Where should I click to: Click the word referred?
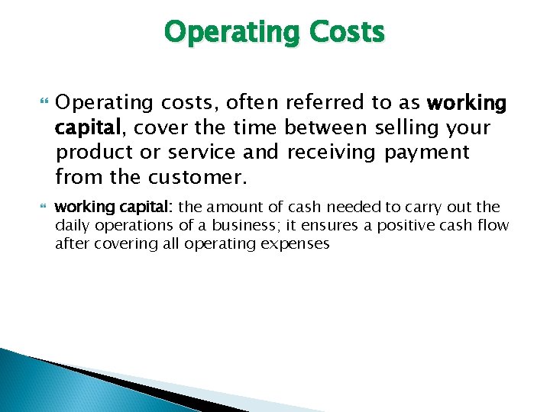pyautogui.click(x=321, y=102)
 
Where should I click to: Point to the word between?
pyautogui.click(x=329, y=127)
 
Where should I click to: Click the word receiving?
pyautogui.click(x=332, y=153)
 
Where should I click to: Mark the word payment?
pyautogui.click(x=427, y=153)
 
